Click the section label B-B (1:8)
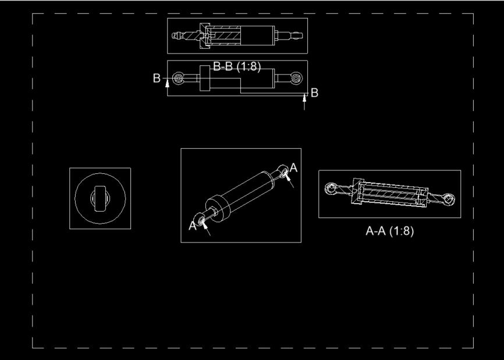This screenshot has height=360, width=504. point(237,67)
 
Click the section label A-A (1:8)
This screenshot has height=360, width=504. point(389,231)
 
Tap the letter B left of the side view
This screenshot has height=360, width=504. point(157,79)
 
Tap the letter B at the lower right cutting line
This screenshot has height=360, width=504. point(315,92)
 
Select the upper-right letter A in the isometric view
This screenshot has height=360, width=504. point(293,167)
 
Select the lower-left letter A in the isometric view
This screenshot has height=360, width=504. point(193,225)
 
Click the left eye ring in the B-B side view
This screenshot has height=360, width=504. point(179,78)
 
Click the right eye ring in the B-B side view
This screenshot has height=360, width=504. point(296,78)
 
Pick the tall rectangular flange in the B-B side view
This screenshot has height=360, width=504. point(204,79)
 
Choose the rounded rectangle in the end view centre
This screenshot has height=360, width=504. point(100,198)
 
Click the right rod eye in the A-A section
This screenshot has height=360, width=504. point(448,199)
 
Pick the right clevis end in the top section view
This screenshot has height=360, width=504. point(295,35)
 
